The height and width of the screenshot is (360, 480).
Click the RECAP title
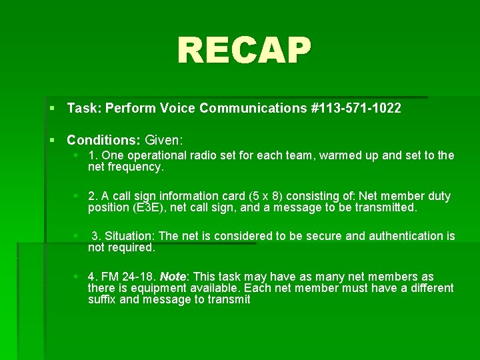click(x=244, y=51)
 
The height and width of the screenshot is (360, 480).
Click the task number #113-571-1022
click(x=356, y=108)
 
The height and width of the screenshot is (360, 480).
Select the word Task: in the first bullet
click(x=83, y=108)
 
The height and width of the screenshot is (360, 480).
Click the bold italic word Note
click(x=173, y=277)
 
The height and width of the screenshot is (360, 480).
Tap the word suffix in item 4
click(x=103, y=299)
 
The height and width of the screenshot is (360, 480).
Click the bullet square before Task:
click(x=53, y=108)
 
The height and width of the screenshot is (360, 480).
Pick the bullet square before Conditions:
click(x=53, y=141)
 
